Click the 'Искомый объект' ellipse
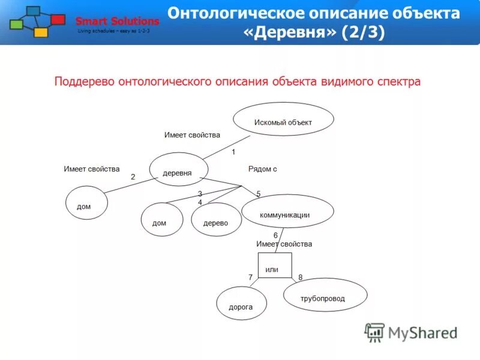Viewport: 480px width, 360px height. [283, 119]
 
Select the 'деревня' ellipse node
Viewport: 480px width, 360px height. [178, 172]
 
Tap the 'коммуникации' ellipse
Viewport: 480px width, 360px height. [287, 211]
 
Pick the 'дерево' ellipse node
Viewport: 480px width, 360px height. [216, 220]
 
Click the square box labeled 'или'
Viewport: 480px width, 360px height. [275, 266]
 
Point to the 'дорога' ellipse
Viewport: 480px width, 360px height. [241, 304]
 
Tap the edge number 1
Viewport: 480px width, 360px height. [233, 152]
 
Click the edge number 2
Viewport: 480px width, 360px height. [133, 177]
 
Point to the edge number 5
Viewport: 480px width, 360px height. [259, 194]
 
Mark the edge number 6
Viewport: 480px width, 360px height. [275, 235]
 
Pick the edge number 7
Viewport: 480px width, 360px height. [251, 277]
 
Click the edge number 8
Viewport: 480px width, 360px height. [300, 277]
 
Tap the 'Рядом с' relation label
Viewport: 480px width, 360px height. [262, 169]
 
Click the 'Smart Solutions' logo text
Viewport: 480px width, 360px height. [118, 22]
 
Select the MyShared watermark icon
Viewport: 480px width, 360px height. [375, 332]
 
